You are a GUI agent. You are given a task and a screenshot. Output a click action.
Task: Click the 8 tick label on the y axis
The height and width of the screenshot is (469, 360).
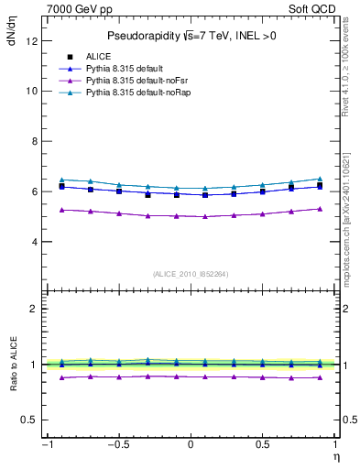click(34, 142)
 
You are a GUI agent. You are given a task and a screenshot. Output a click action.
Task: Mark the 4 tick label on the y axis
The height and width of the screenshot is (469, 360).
click(34, 243)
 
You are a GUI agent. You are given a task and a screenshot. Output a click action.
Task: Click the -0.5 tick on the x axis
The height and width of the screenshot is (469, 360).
click(119, 444)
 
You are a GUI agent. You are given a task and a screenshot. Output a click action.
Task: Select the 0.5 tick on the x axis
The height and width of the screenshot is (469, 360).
click(263, 444)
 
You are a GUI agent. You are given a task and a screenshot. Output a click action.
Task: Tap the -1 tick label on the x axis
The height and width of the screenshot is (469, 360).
click(46, 444)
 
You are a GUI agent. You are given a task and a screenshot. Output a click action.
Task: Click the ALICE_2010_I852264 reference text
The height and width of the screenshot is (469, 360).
click(191, 274)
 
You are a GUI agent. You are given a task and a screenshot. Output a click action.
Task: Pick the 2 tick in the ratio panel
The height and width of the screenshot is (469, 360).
click(34, 309)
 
